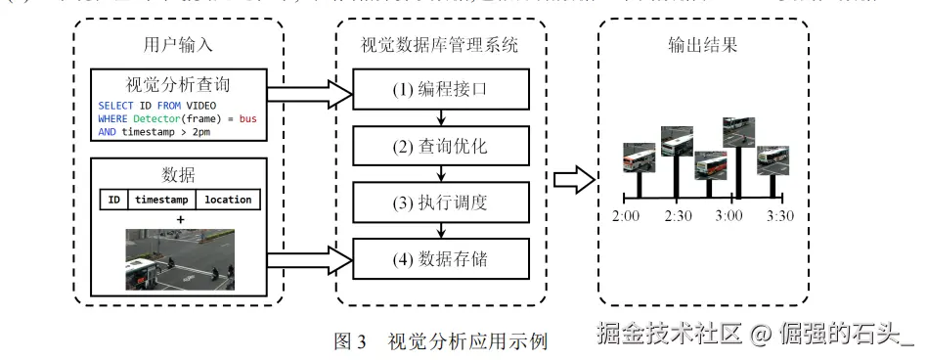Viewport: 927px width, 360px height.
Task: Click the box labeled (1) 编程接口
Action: [x=443, y=93]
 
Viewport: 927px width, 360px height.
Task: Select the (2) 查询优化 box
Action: [x=443, y=149]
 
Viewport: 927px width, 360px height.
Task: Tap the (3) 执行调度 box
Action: [x=443, y=204]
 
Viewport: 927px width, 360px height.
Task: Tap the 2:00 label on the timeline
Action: [x=626, y=215]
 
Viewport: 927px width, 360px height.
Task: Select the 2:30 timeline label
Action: [x=678, y=215]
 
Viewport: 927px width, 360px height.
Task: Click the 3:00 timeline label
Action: [x=729, y=215]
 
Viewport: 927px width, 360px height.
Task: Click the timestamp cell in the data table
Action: [x=160, y=200]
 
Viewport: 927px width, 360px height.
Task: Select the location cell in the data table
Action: [x=227, y=200]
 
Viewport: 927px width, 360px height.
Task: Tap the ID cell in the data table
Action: [x=113, y=200]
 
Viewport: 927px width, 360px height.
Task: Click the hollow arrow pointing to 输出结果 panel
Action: [x=574, y=177]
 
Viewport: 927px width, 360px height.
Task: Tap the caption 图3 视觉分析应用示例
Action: [x=440, y=341]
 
